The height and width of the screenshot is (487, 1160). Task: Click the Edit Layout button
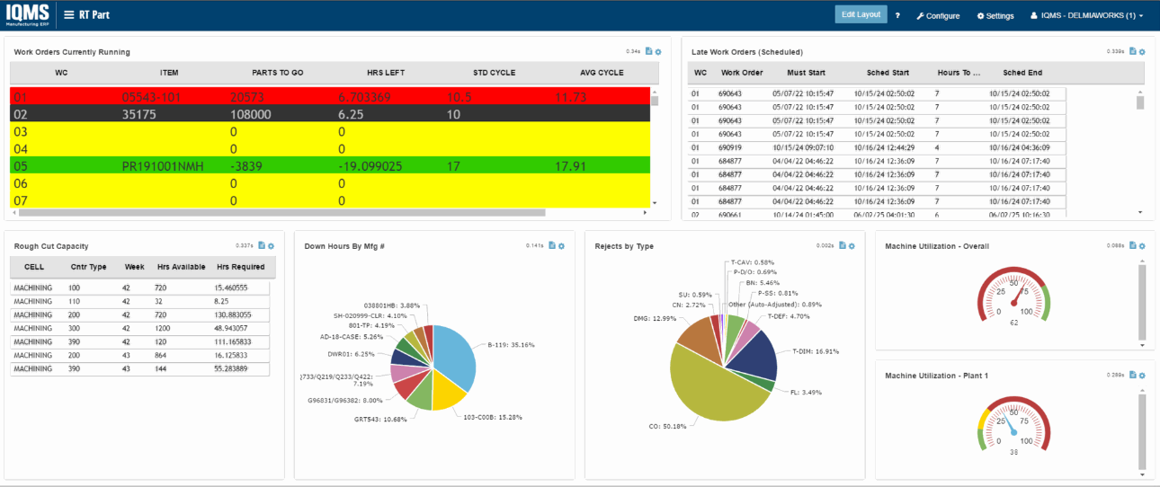861,14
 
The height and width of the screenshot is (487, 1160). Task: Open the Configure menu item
938,16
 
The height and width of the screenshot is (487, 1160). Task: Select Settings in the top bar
995,16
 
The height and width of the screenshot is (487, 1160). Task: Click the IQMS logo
28,14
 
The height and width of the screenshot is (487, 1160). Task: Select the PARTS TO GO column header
277,73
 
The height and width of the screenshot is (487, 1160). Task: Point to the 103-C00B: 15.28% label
492,417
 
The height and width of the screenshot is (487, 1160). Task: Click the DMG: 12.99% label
654,318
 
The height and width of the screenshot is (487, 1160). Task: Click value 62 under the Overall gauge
1013,323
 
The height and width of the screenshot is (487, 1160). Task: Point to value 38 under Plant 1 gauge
1013,452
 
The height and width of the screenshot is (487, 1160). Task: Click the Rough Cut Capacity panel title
50,246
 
